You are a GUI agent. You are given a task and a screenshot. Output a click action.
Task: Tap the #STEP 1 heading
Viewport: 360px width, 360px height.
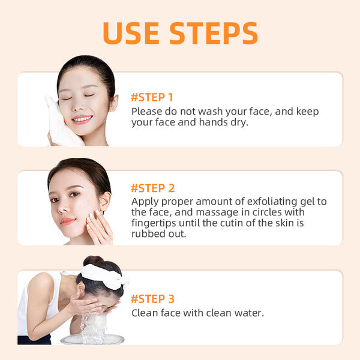click(x=152, y=97)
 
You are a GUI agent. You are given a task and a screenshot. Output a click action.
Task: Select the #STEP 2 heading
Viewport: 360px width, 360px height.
click(x=153, y=188)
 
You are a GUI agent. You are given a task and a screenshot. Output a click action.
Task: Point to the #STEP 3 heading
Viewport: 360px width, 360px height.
click(x=153, y=299)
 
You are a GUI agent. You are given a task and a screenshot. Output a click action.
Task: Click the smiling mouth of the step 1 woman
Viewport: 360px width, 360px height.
click(x=82, y=119)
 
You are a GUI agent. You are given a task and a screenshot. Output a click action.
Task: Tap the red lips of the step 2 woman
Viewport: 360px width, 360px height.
click(x=68, y=221)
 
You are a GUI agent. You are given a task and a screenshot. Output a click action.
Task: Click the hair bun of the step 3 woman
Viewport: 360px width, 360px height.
click(x=93, y=262)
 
